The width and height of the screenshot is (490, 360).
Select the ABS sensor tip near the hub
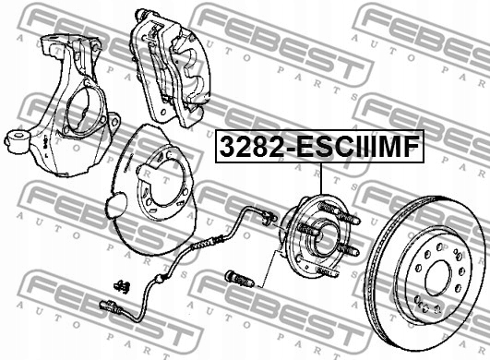point(269,220)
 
